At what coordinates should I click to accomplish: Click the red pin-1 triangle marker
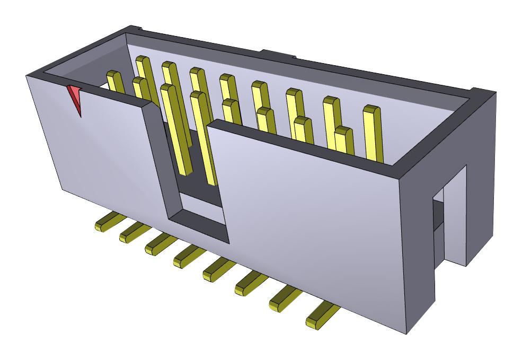pos(74,97)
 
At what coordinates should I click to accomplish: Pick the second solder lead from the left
pos(135,232)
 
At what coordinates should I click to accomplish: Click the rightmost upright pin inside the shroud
pos(372,133)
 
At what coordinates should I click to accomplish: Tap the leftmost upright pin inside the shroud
pos(114,82)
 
